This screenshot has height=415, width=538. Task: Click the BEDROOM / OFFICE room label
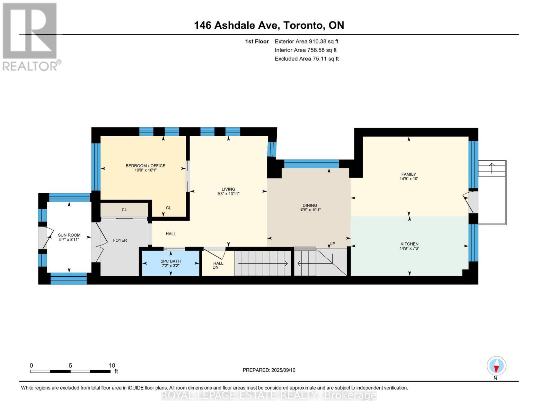coord(145,166)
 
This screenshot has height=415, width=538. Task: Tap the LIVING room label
coord(228,189)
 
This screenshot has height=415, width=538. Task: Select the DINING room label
coord(309,205)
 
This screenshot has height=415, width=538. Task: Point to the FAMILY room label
coord(408,174)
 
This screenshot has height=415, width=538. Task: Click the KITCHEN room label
coord(409,244)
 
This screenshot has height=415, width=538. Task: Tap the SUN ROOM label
coord(69,235)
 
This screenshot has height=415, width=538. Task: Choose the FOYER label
coord(120,240)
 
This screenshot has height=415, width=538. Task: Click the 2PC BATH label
coord(170,261)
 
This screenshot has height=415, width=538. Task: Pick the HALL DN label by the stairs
coord(218,265)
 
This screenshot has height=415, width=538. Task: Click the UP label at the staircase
coord(332,244)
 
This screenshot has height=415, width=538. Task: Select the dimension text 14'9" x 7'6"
coord(409,248)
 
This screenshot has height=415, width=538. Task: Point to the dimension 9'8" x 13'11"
coord(228,194)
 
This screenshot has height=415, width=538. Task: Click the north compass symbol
coord(496,366)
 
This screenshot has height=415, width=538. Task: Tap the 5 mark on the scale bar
coord(70,366)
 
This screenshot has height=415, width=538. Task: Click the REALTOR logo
coord(30,36)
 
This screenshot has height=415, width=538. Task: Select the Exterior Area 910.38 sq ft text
coord(306,41)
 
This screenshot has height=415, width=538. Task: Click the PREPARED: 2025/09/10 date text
coord(269,370)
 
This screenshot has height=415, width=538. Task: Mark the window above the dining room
coord(311,164)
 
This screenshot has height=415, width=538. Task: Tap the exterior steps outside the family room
coord(492,168)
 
